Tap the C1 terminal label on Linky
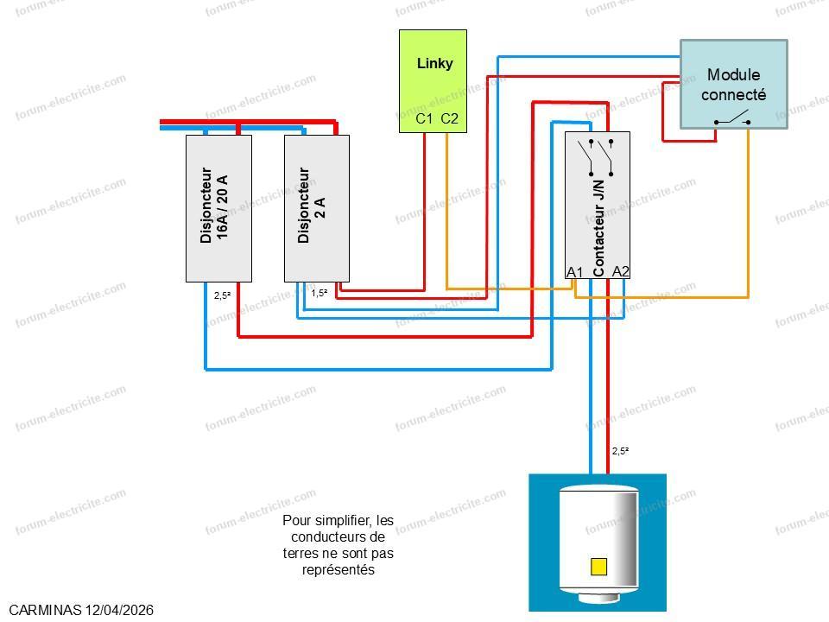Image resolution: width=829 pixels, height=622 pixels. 424,118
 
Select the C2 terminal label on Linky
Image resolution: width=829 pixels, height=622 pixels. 449,118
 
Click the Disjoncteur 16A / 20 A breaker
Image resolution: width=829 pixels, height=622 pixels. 218,208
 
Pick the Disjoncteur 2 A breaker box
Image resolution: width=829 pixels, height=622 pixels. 317,208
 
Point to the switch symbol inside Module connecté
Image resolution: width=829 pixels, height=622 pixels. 732,117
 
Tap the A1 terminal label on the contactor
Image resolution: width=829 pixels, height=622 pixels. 574,272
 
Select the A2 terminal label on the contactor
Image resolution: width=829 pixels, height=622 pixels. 620,271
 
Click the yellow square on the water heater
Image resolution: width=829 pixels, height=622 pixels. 598,567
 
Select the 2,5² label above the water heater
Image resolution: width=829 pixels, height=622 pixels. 620,451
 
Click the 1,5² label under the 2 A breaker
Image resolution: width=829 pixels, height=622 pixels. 319,293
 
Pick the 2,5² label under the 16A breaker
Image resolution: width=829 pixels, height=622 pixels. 222,295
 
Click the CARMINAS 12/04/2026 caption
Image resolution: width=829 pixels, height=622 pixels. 82,610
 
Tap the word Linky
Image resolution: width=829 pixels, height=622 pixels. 434,63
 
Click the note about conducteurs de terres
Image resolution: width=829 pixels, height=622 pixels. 338,545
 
